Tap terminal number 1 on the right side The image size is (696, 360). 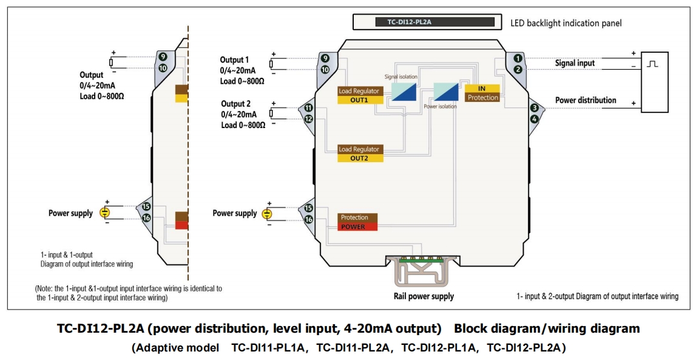[518, 58]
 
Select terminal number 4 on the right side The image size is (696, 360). [535, 119]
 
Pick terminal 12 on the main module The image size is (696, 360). [308, 119]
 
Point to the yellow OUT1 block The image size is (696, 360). [360, 100]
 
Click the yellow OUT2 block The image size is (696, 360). [360, 158]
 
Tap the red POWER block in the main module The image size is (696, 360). [357, 226]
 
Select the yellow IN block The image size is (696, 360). [482, 89]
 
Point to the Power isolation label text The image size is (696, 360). [440, 106]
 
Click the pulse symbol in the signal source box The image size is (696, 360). [652, 64]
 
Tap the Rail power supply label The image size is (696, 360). [424, 296]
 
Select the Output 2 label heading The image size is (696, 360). [235, 104]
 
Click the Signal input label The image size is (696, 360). [575, 63]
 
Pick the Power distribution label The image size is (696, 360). [585, 100]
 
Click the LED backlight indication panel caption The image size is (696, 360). [566, 23]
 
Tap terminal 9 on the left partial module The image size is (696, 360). [163, 56]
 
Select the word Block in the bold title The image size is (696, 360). [474, 328]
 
